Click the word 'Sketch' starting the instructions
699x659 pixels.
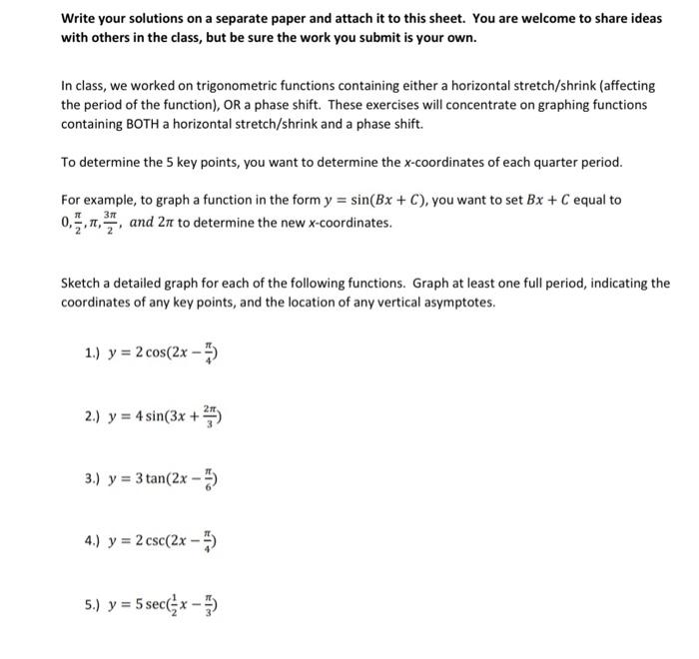click(81, 284)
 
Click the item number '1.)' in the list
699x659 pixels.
click(94, 352)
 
